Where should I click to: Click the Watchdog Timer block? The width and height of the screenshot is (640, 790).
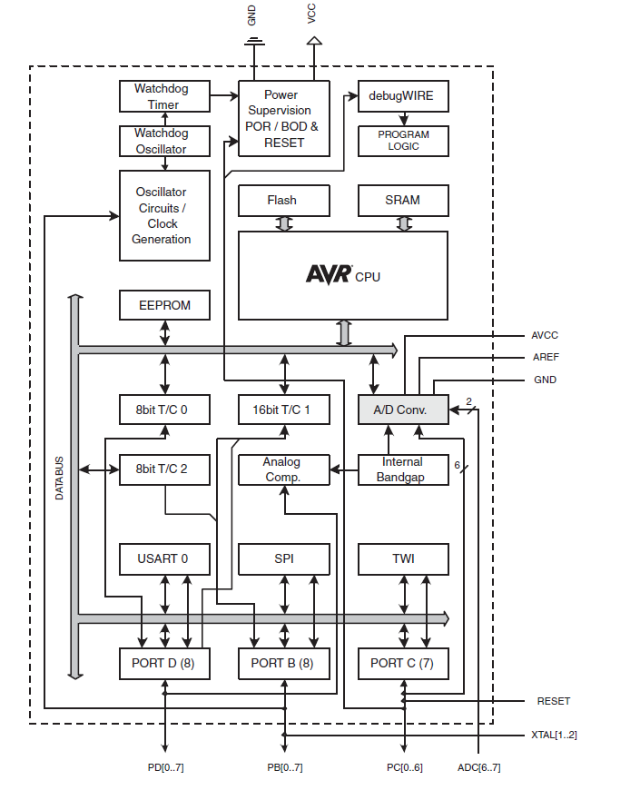point(163,96)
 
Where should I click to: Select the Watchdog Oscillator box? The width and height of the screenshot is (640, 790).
point(163,142)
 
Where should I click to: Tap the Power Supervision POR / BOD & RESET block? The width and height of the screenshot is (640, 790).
point(283,118)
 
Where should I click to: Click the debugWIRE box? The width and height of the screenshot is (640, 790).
point(403,95)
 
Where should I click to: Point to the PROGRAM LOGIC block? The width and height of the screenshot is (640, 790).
point(403,141)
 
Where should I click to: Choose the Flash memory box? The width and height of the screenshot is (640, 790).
point(282,201)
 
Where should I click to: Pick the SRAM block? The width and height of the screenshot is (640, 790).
point(403,201)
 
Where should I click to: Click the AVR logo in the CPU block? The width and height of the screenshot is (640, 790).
point(328,274)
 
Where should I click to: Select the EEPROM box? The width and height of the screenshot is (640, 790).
point(164,306)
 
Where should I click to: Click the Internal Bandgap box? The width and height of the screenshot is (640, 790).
point(403,469)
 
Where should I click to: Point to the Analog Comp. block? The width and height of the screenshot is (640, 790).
point(282,469)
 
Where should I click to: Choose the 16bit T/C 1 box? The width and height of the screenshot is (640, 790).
point(282,410)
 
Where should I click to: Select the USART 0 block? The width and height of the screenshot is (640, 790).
point(164,559)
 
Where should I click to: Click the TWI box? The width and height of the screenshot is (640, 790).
point(403,559)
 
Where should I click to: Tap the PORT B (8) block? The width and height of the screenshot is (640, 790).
point(282,664)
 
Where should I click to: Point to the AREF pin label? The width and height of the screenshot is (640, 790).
point(546,358)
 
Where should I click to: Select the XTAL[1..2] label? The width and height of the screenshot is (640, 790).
point(554,735)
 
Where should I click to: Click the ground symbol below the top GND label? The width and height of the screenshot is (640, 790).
point(253,42)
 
